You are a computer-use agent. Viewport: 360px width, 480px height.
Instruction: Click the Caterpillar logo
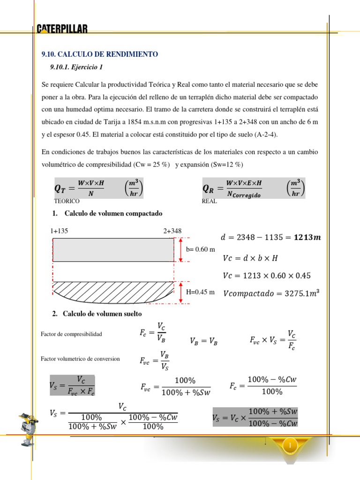(62, 29)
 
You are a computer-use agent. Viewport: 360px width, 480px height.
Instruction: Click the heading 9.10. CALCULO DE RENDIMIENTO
(100, 54)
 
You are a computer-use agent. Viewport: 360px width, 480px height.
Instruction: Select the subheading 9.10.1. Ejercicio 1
(76, 67)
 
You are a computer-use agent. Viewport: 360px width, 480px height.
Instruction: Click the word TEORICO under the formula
(67, 201)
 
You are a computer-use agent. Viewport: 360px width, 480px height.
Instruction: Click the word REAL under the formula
(209, 201)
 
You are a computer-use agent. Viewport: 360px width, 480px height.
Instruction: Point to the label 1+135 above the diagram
(59, 231)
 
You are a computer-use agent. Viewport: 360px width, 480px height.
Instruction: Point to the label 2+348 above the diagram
(172, 231)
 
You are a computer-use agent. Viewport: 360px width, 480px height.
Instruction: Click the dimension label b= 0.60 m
(201, 249)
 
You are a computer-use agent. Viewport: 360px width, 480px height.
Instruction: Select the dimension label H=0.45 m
(200, 292)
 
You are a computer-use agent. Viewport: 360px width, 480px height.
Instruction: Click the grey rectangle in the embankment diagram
(113, 249)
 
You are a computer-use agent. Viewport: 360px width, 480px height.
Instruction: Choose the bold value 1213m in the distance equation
(304, 237)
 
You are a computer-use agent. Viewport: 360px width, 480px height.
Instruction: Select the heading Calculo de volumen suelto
(102, 314)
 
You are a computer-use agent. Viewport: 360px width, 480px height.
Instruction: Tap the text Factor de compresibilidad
(71, 334)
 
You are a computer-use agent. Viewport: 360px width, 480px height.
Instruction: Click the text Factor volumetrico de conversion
(80, 359)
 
